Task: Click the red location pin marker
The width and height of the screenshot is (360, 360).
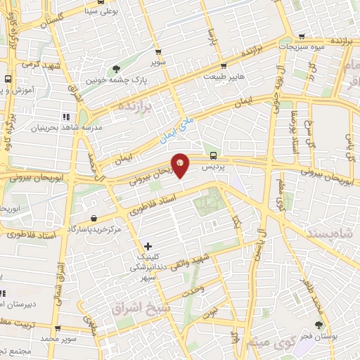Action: pos(181,166)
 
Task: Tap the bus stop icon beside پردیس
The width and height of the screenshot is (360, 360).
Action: pos(212,156)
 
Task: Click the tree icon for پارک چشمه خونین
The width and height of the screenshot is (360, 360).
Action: pos(116,69)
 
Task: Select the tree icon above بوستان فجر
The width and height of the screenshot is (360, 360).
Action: pos(319,325)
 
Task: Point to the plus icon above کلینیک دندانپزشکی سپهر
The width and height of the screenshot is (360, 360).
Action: pos(147,246)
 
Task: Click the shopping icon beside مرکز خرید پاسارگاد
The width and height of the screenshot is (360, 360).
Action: pos(95,218)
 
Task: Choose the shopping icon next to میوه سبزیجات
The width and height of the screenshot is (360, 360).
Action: pos(302,37)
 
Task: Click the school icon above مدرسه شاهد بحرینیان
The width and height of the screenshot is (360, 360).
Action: pos(65,117)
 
